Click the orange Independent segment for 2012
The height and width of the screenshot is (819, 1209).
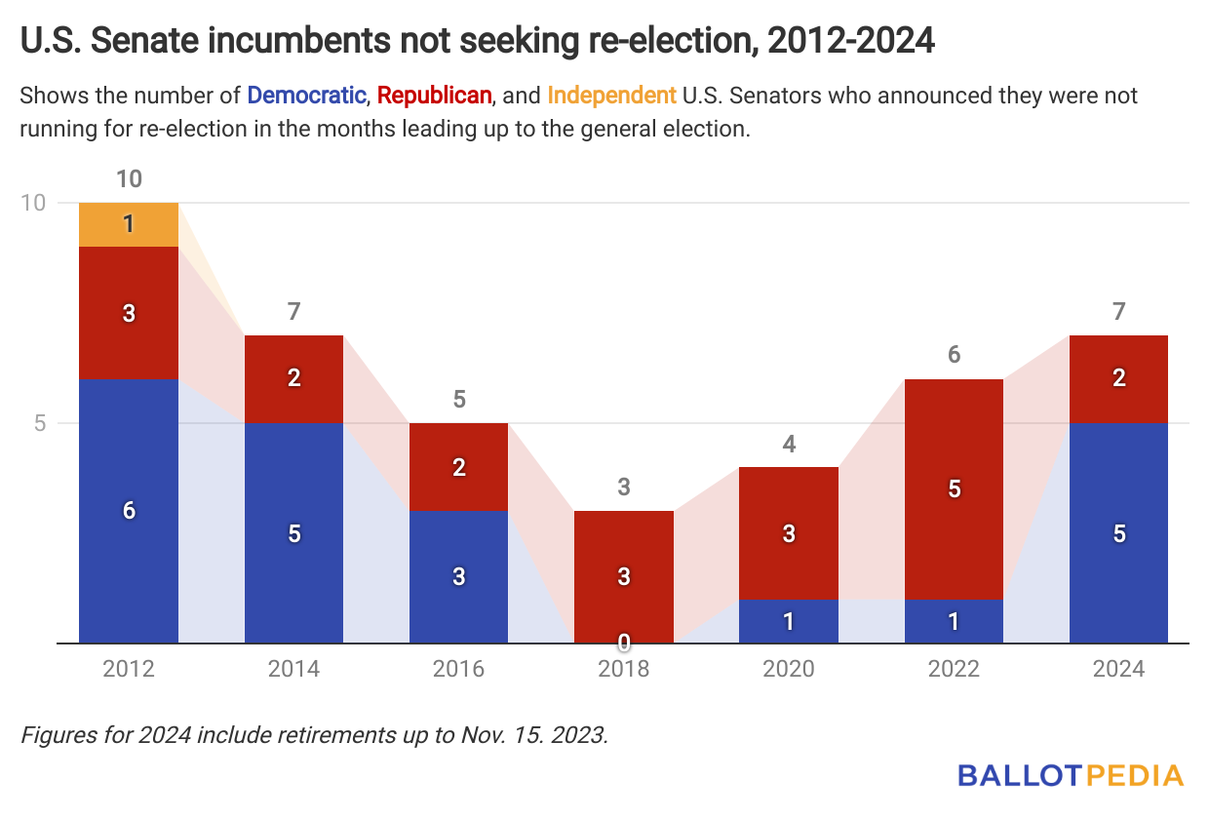(129, 225)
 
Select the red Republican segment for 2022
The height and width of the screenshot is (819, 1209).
(955, 488)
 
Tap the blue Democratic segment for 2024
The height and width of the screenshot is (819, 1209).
(1119, 533)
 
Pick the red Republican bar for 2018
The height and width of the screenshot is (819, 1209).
(624, 575)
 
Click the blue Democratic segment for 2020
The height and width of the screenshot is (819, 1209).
(789, 621)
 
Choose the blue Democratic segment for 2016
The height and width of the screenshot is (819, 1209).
(458, 576)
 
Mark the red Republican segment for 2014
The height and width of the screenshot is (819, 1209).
(293, 378)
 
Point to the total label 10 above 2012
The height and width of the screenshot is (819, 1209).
(129, 179)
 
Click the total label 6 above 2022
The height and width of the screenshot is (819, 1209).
(955, 355)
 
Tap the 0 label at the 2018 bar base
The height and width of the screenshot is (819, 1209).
(624, 643)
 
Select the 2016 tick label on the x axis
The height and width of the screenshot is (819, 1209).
(458, 671)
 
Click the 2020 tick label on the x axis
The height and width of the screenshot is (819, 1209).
(789, 671)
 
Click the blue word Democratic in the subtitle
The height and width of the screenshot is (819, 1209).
(306, 96)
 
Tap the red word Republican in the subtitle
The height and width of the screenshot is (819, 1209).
(434, 96)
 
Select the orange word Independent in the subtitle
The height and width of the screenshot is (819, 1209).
(611, 96)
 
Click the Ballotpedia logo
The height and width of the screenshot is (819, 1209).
(1070, 776)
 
